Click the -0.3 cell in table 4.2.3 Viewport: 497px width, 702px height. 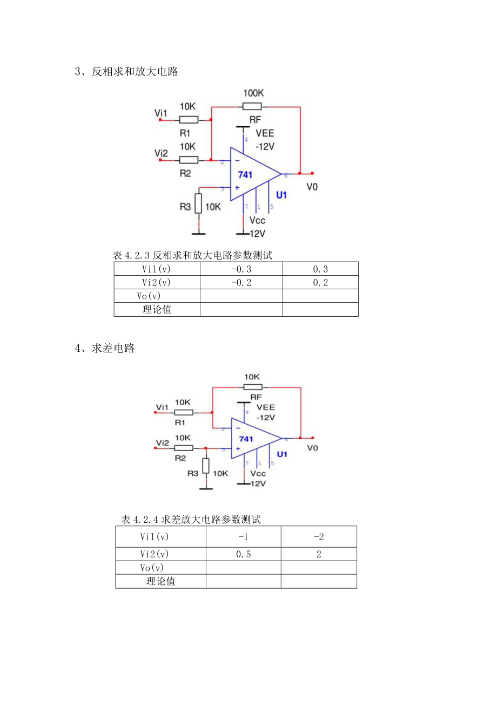241,269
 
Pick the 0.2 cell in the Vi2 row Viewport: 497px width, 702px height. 320,282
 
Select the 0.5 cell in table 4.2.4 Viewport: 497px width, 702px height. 243,554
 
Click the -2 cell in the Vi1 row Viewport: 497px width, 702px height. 319,537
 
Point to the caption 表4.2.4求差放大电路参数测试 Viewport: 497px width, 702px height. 191,520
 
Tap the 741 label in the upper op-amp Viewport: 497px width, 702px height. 246,175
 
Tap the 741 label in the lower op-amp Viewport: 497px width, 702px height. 246,439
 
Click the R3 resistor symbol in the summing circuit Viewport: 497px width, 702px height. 199,205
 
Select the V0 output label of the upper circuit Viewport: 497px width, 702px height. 312,187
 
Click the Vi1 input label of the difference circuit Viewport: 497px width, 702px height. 162,406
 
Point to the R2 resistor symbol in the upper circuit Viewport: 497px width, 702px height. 189,160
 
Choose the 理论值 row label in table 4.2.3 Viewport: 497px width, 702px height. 157,309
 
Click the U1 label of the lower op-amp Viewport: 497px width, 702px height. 282,454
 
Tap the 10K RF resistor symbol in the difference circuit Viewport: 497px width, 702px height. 253,386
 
